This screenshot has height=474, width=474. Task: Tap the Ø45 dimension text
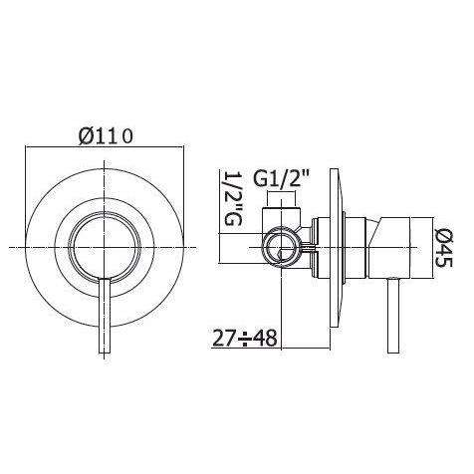[444, 245]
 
